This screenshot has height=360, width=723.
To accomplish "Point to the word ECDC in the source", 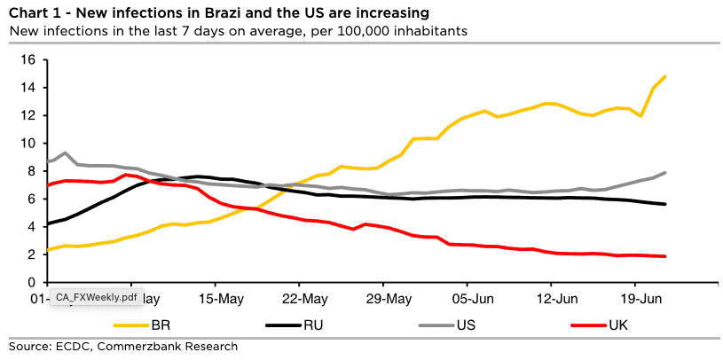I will tap(74, 346).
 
